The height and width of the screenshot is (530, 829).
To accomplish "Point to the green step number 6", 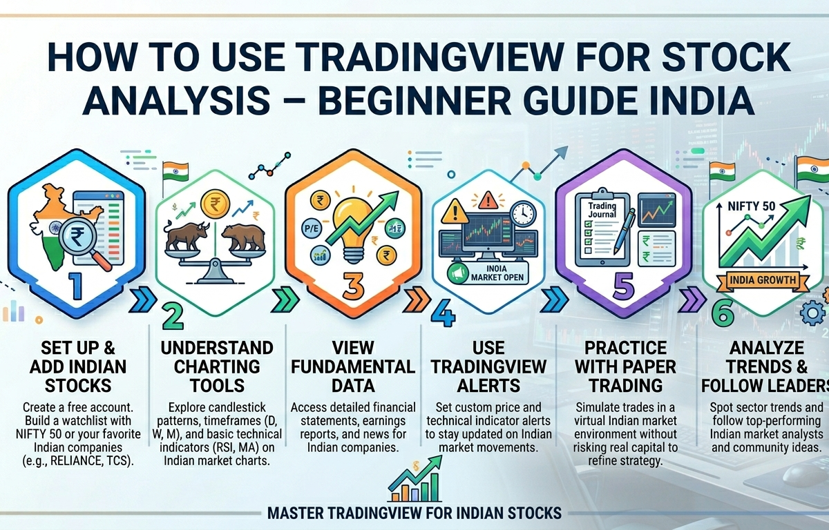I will pos(722,314).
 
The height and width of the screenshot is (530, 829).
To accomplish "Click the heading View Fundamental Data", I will pos(353,366).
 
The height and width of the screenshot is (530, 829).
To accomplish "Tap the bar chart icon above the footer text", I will pos(413,483).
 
